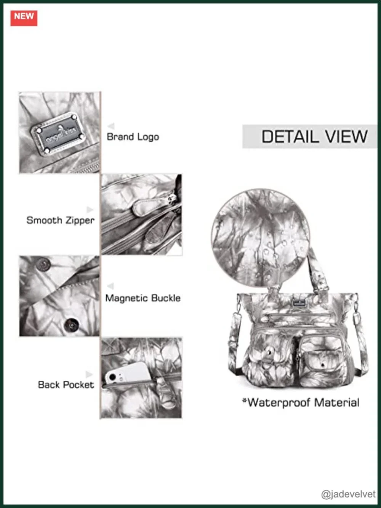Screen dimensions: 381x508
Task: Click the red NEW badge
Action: coord(24,18)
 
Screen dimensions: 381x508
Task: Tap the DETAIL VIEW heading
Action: coord(314,136)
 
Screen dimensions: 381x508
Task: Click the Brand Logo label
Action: coord(133,137)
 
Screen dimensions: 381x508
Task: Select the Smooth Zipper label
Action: coord(61,220)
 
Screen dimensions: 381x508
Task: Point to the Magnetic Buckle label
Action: coord(143,298)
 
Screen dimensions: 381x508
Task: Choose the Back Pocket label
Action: coord(66,385)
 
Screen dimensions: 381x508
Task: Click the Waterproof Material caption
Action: coord(301,402)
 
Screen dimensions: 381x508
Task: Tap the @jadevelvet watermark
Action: coord(348,494)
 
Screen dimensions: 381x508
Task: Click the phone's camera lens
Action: coord(113,377)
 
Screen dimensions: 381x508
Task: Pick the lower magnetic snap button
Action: coord(72,325)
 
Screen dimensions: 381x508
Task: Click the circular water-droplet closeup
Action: coord(260,238)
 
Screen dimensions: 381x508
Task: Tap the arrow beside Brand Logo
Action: coord(111,126)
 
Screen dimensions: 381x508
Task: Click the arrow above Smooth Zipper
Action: coord(90,210)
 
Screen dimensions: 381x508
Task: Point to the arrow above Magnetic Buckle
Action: coord(111,286)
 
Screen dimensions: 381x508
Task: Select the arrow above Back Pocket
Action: coord(89,374)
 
